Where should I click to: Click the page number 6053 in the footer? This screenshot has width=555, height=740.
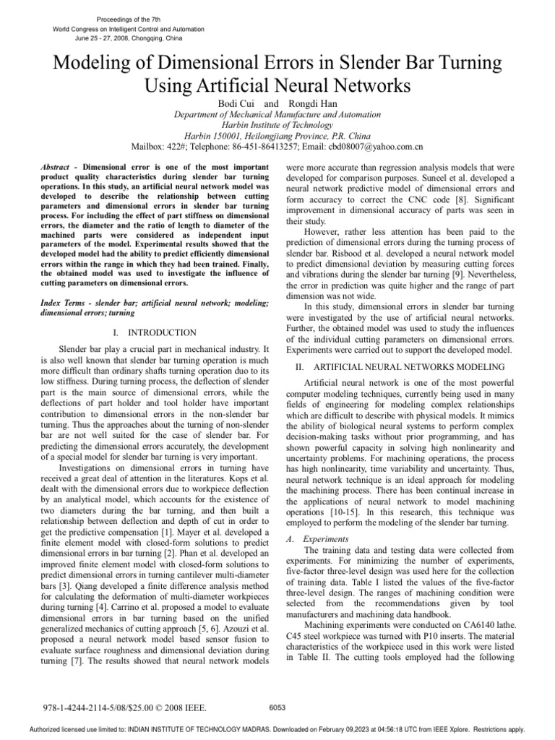277,707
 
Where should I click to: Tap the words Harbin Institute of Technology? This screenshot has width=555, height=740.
277,125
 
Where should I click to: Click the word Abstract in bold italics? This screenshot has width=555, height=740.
60,166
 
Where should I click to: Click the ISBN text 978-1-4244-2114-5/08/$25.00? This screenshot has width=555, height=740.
97,707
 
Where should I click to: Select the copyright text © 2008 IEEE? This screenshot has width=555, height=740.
182,707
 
